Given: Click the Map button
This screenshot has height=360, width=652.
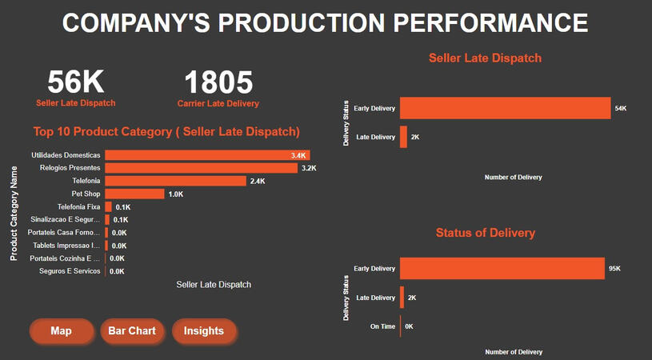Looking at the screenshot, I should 61,331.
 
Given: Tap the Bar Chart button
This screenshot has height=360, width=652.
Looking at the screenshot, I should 133,331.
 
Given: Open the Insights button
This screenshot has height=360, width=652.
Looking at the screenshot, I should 204,331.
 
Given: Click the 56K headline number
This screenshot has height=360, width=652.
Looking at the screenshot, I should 76,82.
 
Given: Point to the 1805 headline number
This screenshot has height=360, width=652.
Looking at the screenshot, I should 218,82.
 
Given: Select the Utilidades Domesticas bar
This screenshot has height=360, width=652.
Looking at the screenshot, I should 207,155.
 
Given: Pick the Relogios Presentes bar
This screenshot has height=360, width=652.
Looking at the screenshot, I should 201,168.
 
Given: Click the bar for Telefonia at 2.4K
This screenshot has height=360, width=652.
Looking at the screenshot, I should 175,181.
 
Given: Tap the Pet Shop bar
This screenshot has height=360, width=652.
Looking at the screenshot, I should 134,194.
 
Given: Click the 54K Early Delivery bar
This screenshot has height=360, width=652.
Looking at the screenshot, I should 505,108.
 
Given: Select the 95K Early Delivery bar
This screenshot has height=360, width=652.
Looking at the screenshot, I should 502,269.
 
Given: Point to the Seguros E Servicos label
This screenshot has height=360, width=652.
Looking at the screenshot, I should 70,271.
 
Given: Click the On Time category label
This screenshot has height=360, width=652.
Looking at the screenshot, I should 382,326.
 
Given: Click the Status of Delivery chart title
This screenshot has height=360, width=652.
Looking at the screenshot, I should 486,233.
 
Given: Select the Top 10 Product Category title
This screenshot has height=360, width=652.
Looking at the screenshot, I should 166,131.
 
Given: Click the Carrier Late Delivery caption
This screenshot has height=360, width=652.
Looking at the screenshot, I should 218,103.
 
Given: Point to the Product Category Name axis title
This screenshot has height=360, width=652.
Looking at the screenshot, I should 14,213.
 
